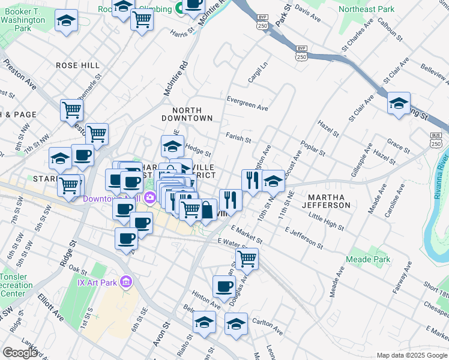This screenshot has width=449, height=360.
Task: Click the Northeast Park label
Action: (x=366, y=9)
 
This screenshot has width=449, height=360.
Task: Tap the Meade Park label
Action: (x=368, y=260)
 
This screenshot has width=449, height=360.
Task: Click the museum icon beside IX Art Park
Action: (x=126, y=281)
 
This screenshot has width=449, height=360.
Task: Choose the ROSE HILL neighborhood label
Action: (x=77, y=65)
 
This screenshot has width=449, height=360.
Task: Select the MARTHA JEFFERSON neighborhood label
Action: (x=328, y=201)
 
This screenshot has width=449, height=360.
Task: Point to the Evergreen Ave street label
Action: (x=247, y=103)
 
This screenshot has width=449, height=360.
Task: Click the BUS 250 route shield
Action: (x=436, y=140)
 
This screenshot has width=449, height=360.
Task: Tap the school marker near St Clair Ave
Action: (x=399, y=103)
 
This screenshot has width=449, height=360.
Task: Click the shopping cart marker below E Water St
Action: (x=247, y=259)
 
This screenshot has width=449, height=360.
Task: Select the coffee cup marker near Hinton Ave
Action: (x=224, y=286)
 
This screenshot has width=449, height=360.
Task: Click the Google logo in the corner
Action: (x=20, y=353)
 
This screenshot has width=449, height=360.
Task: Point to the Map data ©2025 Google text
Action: (x=411, y=355)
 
